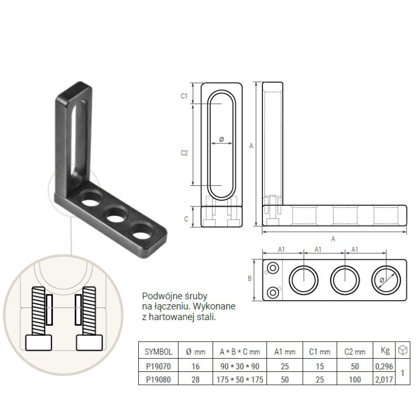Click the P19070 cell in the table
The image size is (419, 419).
point(158,366)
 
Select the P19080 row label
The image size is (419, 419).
point(158,379)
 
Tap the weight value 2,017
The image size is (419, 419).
point(384,379)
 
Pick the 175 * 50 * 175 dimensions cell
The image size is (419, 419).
point(240,379)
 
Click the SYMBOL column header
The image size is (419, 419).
point(158,351)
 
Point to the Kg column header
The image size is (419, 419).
point(385,350)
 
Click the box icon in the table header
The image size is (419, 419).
point(402,350)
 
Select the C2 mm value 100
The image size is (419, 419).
point(355,379)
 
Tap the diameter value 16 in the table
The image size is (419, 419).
point(195,366)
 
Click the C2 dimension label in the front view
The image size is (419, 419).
point(184,153)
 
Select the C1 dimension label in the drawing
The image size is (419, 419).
point(184,96)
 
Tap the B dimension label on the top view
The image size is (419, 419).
point(250,279)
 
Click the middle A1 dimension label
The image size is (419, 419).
point(318,249)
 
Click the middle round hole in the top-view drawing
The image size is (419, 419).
point(345,280)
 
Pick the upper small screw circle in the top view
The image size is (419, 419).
point(273,268)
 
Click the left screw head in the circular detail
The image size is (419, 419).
point(38,343)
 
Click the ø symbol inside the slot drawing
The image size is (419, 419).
point(222,139)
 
